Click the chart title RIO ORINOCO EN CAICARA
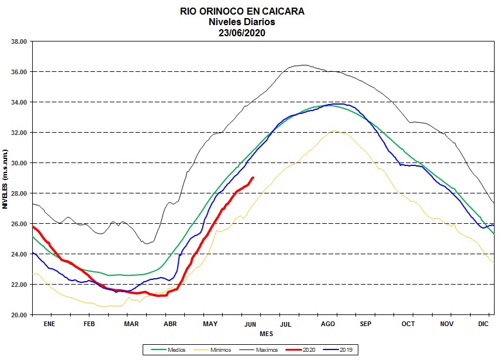241,11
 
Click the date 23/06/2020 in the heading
241,32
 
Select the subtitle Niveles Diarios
241,22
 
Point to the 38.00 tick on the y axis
19,41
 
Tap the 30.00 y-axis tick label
19,163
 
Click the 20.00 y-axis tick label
19,315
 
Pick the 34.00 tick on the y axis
19,102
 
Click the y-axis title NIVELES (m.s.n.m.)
5,178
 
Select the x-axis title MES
266,334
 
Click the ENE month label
49,323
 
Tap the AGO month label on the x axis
328,323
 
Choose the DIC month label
484,323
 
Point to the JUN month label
250,323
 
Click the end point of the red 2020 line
253,177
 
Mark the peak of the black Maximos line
304,65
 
